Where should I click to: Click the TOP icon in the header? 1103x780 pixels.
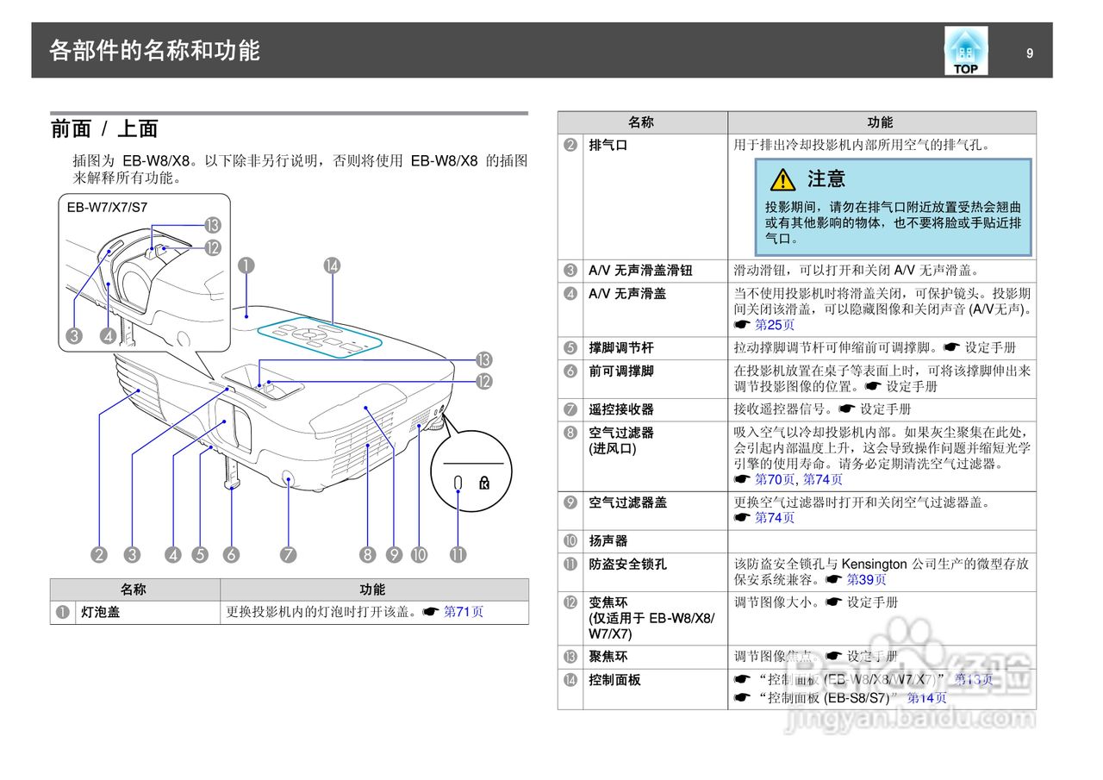click(966, 51)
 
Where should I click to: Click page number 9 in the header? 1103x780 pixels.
click(1030, 53)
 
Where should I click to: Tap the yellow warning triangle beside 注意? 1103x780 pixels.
click(782, 179)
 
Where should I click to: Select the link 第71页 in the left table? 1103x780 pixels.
click(464, 612)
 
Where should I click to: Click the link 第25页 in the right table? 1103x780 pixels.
click(775, 325)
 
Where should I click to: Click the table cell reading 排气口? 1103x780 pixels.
click(608, 146)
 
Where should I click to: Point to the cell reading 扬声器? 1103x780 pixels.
click(608, 541)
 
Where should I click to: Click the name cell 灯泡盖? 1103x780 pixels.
click(99, 612)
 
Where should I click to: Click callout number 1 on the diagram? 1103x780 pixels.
click(246, 265)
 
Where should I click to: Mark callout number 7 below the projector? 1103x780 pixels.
click(288, 555)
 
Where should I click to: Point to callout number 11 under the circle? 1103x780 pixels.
click(458, 555)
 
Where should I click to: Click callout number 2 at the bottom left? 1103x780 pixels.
click(99, 555)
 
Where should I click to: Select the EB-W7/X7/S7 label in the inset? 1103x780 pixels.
click(107, 208)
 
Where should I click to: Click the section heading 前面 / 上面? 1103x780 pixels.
click(104, 129)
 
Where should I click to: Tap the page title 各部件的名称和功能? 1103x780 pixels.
click(154, 51)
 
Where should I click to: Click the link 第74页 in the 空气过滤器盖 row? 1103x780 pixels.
click(775, 518)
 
